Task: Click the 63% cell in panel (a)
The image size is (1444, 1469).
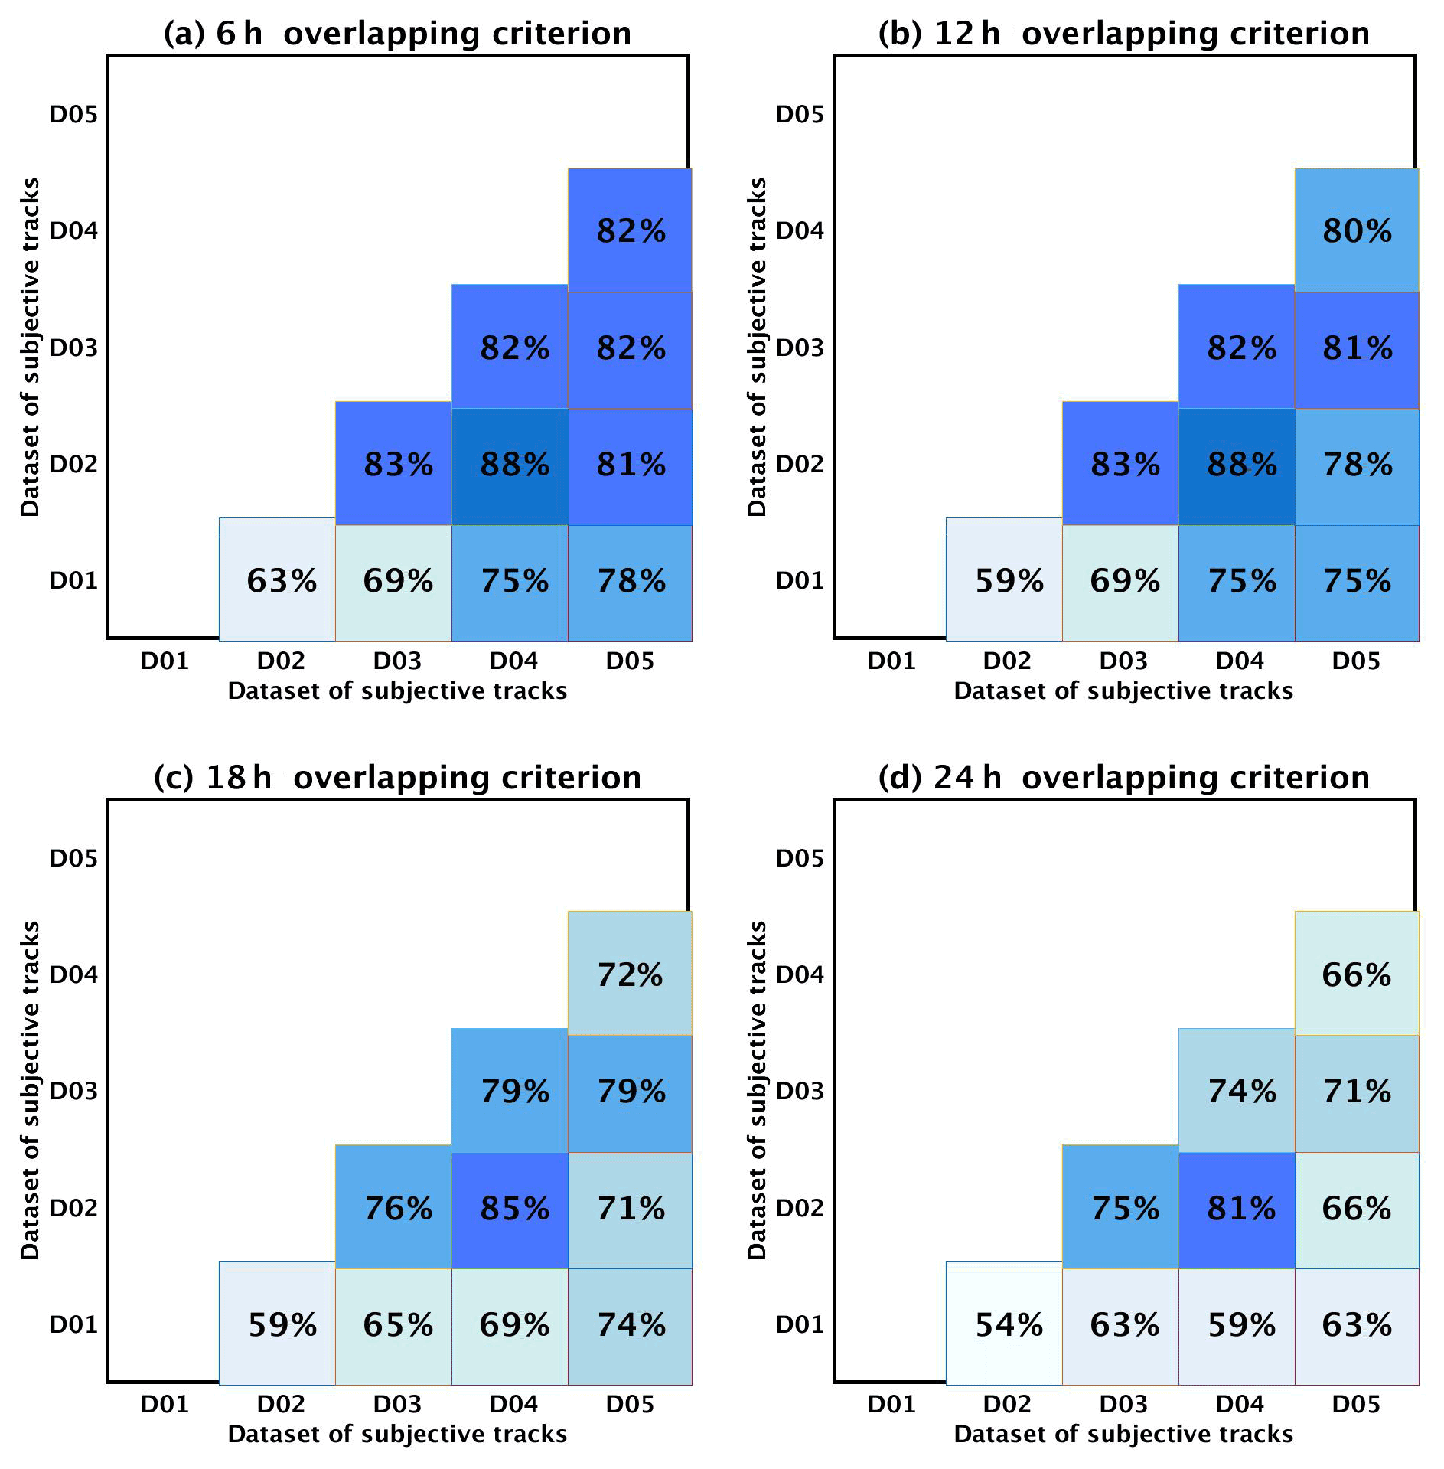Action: pyautogui.click(x=280, y=581)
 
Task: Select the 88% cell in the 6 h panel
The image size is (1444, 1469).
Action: pyautogui.click(x=513, y=465)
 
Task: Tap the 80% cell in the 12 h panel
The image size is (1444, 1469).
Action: pyautogui.click(x=1357, y=231)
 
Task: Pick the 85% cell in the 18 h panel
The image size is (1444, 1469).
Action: pyautogui.click(x=513, y=1209)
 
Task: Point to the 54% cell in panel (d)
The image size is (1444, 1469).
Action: pyautogui.click(x=1008, y=1325)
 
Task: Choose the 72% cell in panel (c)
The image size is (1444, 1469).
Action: pyautogui.click(x=630, y=975)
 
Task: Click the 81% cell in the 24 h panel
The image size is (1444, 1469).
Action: pyautogui.click(x=1240, y=1209)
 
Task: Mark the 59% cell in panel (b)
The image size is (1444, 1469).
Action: pyautogui.click(x=1008, y=581)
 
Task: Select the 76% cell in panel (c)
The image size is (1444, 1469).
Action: pyautogui.click(x=397, y=1209)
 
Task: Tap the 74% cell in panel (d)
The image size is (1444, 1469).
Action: pyautogui.click(x=1240, y=1092)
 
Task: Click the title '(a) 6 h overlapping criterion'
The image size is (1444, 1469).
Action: pyautogui.click(x=397, y=34)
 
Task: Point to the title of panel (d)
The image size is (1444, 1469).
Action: pyautogui.click(x=1123, y=778)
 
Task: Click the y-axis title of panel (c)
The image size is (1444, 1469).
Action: pyautogui.click(x=30, y=1090)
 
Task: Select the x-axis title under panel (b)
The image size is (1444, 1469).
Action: pyautogui.click(x=1123, y=691)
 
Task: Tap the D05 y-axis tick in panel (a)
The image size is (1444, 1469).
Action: pyautogui.click(x=73, y=115)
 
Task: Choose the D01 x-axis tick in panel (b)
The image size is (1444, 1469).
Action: pyautogui.click(x=891, y=661)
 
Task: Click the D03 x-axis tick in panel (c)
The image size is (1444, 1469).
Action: pyautogui.click(x=397, y=1405)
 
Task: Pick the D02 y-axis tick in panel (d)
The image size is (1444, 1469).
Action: pyautogui.click(x=800, y=1208)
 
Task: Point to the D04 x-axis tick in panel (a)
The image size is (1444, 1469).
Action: pyautogui.click(x=513, y=661)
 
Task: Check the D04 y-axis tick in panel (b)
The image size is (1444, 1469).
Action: pyautogui.click(x=800, y=230)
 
